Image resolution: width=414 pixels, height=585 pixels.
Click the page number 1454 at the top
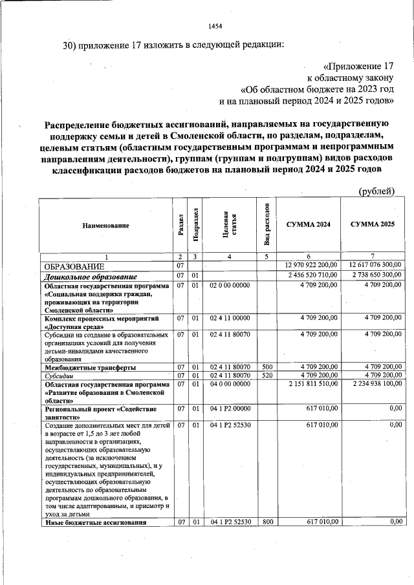[215, 26]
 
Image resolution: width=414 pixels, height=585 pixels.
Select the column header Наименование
[105, 225]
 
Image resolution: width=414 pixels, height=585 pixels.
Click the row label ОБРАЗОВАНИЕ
[74, 266]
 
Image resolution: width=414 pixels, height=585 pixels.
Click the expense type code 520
[267, 375]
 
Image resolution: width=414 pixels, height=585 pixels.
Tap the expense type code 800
[267, 522]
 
